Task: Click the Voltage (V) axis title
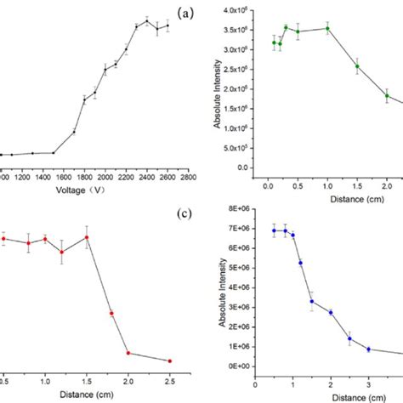tap(95, 190)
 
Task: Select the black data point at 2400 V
tap(146, 21)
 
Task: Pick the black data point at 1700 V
tap(74, 132)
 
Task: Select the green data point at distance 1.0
tap(327, 28)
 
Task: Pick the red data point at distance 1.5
tap(87, 237)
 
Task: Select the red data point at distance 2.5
tap(169, 360)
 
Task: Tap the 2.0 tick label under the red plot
tap(128, 379)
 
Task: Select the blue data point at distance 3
tap(368, 349)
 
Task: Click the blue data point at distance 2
tap(331, 312)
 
